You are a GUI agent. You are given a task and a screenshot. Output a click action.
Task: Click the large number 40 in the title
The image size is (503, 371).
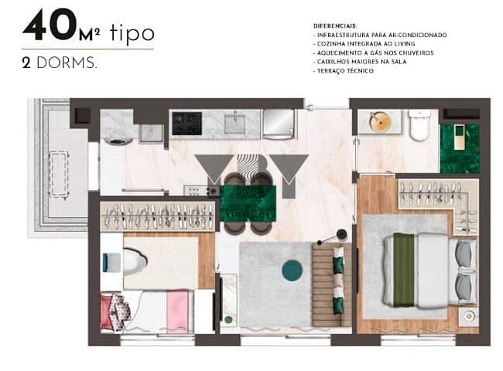[x=50, y=25]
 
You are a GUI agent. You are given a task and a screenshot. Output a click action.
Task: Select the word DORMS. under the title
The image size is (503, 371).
[x=67, y=63]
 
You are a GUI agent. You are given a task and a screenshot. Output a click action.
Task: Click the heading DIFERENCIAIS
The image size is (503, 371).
[x=334, y=26]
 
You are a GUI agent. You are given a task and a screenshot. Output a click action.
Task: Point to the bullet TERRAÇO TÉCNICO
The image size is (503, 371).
[x=344, y=71]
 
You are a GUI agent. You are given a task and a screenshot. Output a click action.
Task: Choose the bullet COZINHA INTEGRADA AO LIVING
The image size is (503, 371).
[x=364, y=44]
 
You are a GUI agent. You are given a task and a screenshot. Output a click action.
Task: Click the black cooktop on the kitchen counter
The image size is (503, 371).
[x=187, y=124]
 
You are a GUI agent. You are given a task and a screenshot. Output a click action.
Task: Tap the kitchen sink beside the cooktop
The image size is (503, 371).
[x=234, y=123]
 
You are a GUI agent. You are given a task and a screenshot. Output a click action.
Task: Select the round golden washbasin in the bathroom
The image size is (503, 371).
[x=380, y=121]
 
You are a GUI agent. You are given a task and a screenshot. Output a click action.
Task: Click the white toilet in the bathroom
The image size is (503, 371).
[x=419, y=125]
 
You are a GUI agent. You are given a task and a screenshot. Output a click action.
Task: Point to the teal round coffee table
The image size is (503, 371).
[x=292, y=271]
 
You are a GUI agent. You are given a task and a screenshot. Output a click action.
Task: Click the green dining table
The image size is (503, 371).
[x=248, y=203]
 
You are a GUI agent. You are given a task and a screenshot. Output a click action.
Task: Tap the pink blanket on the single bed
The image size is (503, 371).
[x=177, y=311]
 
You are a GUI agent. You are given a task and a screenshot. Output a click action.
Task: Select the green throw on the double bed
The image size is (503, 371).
[x=404, y=270]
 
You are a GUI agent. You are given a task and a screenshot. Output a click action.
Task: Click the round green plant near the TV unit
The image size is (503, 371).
[x=228, y=319]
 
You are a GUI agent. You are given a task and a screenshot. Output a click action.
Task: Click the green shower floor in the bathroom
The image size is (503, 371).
[x=460, y=148]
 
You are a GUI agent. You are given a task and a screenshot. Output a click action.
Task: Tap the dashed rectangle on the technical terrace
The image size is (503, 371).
[x=59, y=174]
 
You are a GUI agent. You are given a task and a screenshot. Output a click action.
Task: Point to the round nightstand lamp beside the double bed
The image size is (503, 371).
[x=468, y=316]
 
